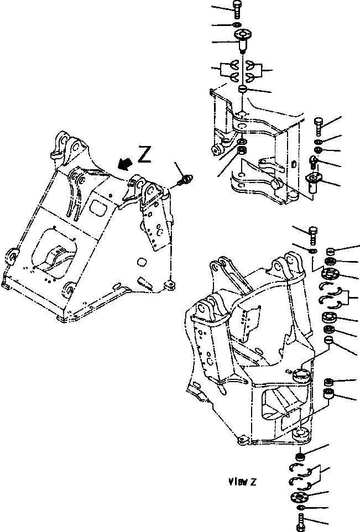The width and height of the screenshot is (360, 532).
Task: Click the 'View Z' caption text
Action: click(241, 481)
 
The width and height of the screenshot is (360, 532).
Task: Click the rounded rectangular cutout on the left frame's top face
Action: click(99, 208)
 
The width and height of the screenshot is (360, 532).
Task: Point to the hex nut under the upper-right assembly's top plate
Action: click(242, 150)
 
